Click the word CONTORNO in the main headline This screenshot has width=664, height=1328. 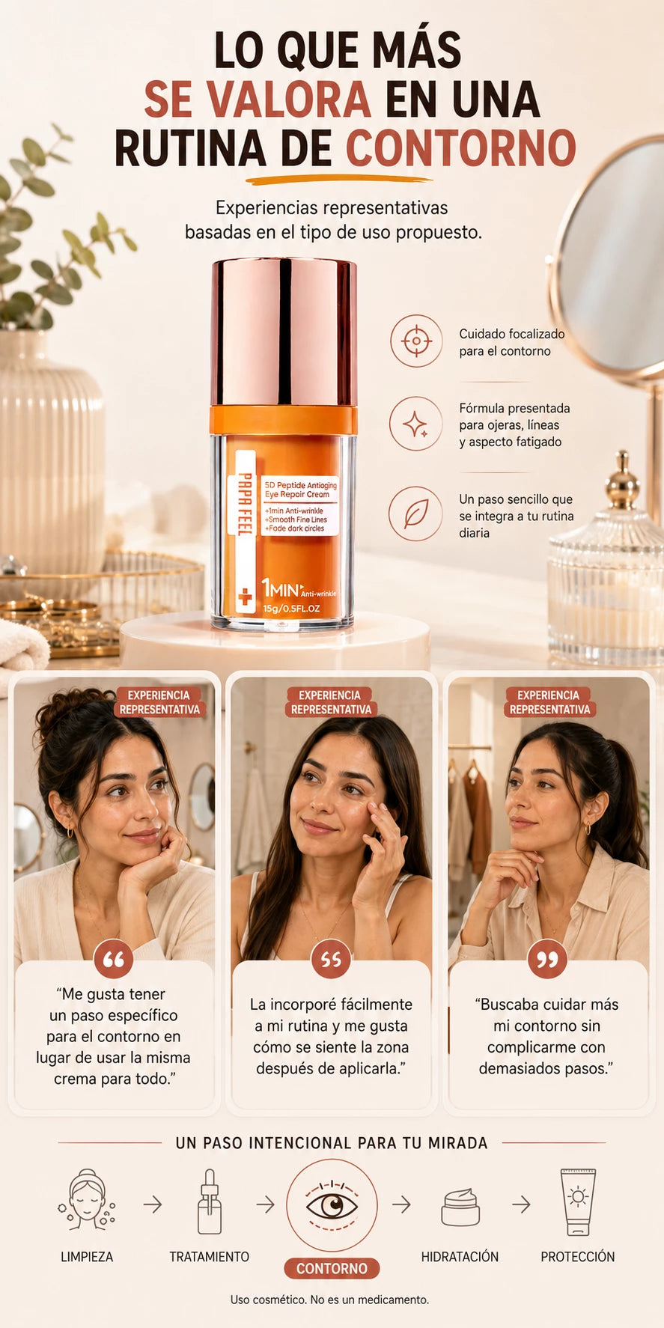tap(460, 147)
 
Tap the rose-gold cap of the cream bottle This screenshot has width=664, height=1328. tap(284, 332)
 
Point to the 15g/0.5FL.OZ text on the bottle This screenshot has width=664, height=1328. tap(291, 609)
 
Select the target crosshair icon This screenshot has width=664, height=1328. tap(416, 341)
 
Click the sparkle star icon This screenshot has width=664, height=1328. tap(416, 424)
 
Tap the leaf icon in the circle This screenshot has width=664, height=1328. tap(415, 514)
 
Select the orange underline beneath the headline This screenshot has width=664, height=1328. tap(339, 180)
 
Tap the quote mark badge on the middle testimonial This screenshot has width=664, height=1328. tap(331, 959)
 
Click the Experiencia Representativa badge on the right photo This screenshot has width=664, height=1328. tap(549, 702)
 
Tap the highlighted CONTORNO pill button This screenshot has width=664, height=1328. tap(332, 1268)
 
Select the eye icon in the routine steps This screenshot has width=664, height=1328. tap(332, 1205)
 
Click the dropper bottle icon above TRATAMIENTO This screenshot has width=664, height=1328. tap(210, 1201)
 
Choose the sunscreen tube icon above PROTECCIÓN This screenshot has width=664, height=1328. tap(578, 1201)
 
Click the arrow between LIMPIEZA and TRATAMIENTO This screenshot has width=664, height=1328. tap(153, 1204)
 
